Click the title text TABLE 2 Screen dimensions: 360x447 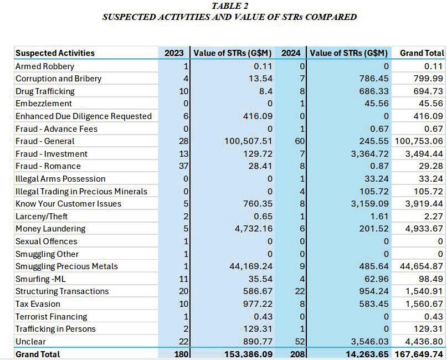[x=230, y=6]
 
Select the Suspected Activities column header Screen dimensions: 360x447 [x=55, y=53]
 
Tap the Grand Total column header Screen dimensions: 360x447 [x=422, y=53]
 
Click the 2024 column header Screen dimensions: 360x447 [x=291, y=53]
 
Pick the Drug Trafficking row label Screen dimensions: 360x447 [x=45, y=91]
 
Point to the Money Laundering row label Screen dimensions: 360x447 [x=50, y=229]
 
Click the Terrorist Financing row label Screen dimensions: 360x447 [x=51, y=317]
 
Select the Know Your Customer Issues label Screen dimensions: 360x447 [x=68, y=204]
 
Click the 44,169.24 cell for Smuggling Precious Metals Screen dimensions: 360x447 [x=250, y=266]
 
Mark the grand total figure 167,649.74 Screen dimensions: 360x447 [x=418, y=354]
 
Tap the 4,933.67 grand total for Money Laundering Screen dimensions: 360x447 [x=423, y=229]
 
